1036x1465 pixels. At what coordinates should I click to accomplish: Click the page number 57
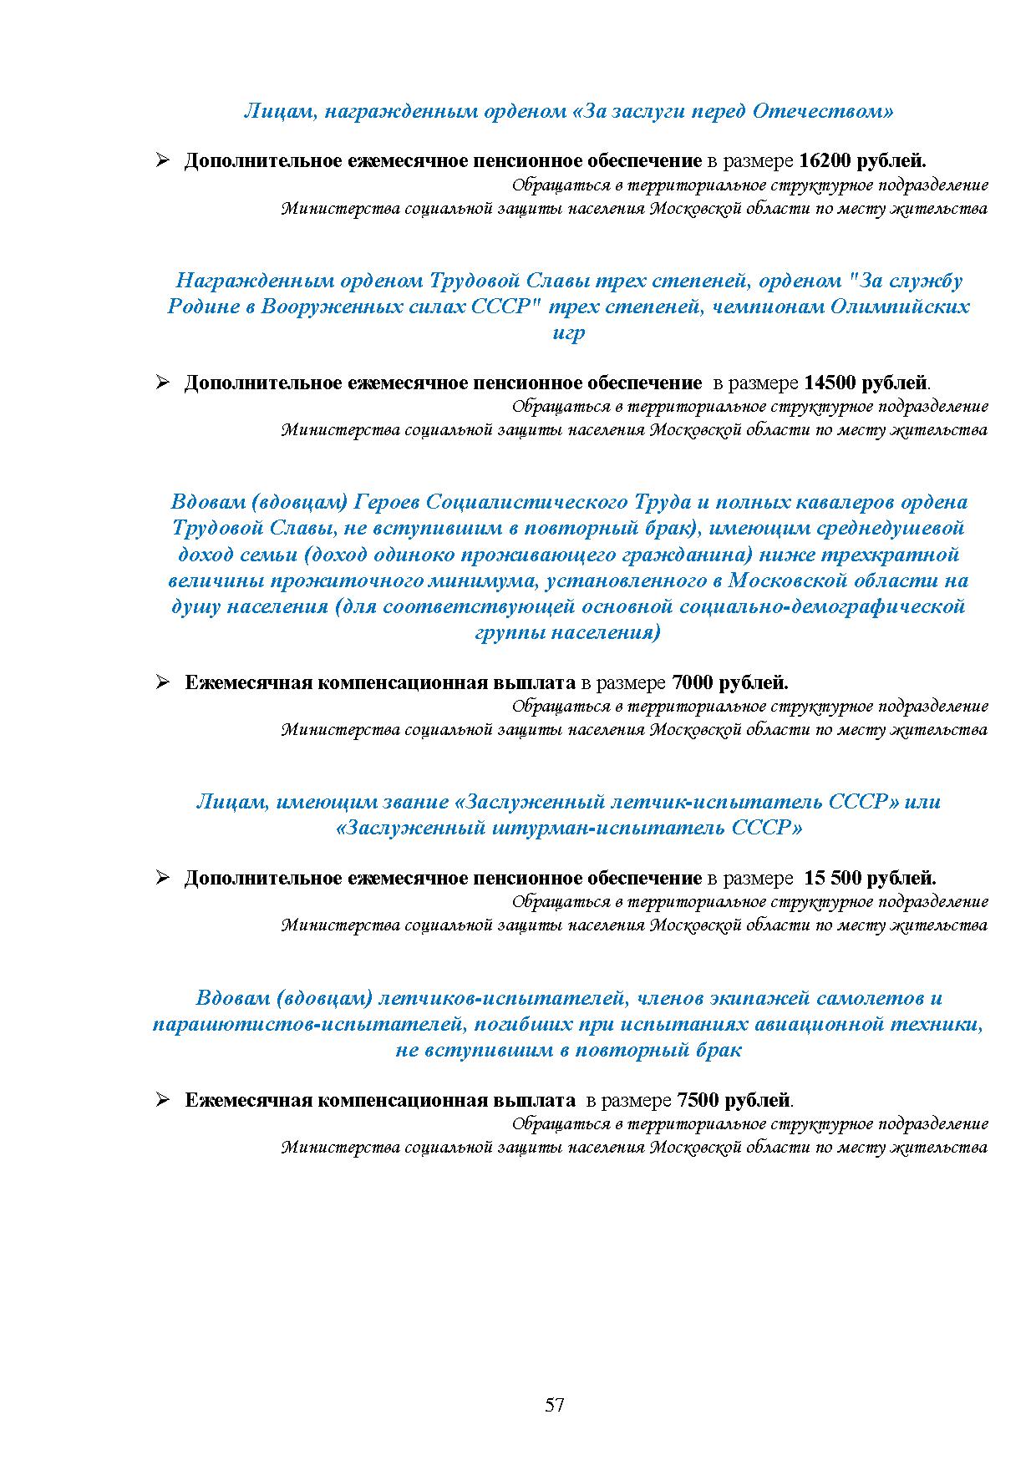click(555, 1405)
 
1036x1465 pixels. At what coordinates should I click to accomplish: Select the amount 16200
click(824, 160)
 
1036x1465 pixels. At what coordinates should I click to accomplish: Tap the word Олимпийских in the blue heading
click(899, 307)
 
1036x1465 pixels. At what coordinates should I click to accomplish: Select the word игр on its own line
click(568, 332)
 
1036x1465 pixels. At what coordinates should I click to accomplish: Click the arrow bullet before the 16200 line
click(163, 160)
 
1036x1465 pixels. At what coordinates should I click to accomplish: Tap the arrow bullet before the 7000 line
click(163, 682)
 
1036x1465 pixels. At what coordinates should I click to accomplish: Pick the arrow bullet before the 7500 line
click(163, 1099)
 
